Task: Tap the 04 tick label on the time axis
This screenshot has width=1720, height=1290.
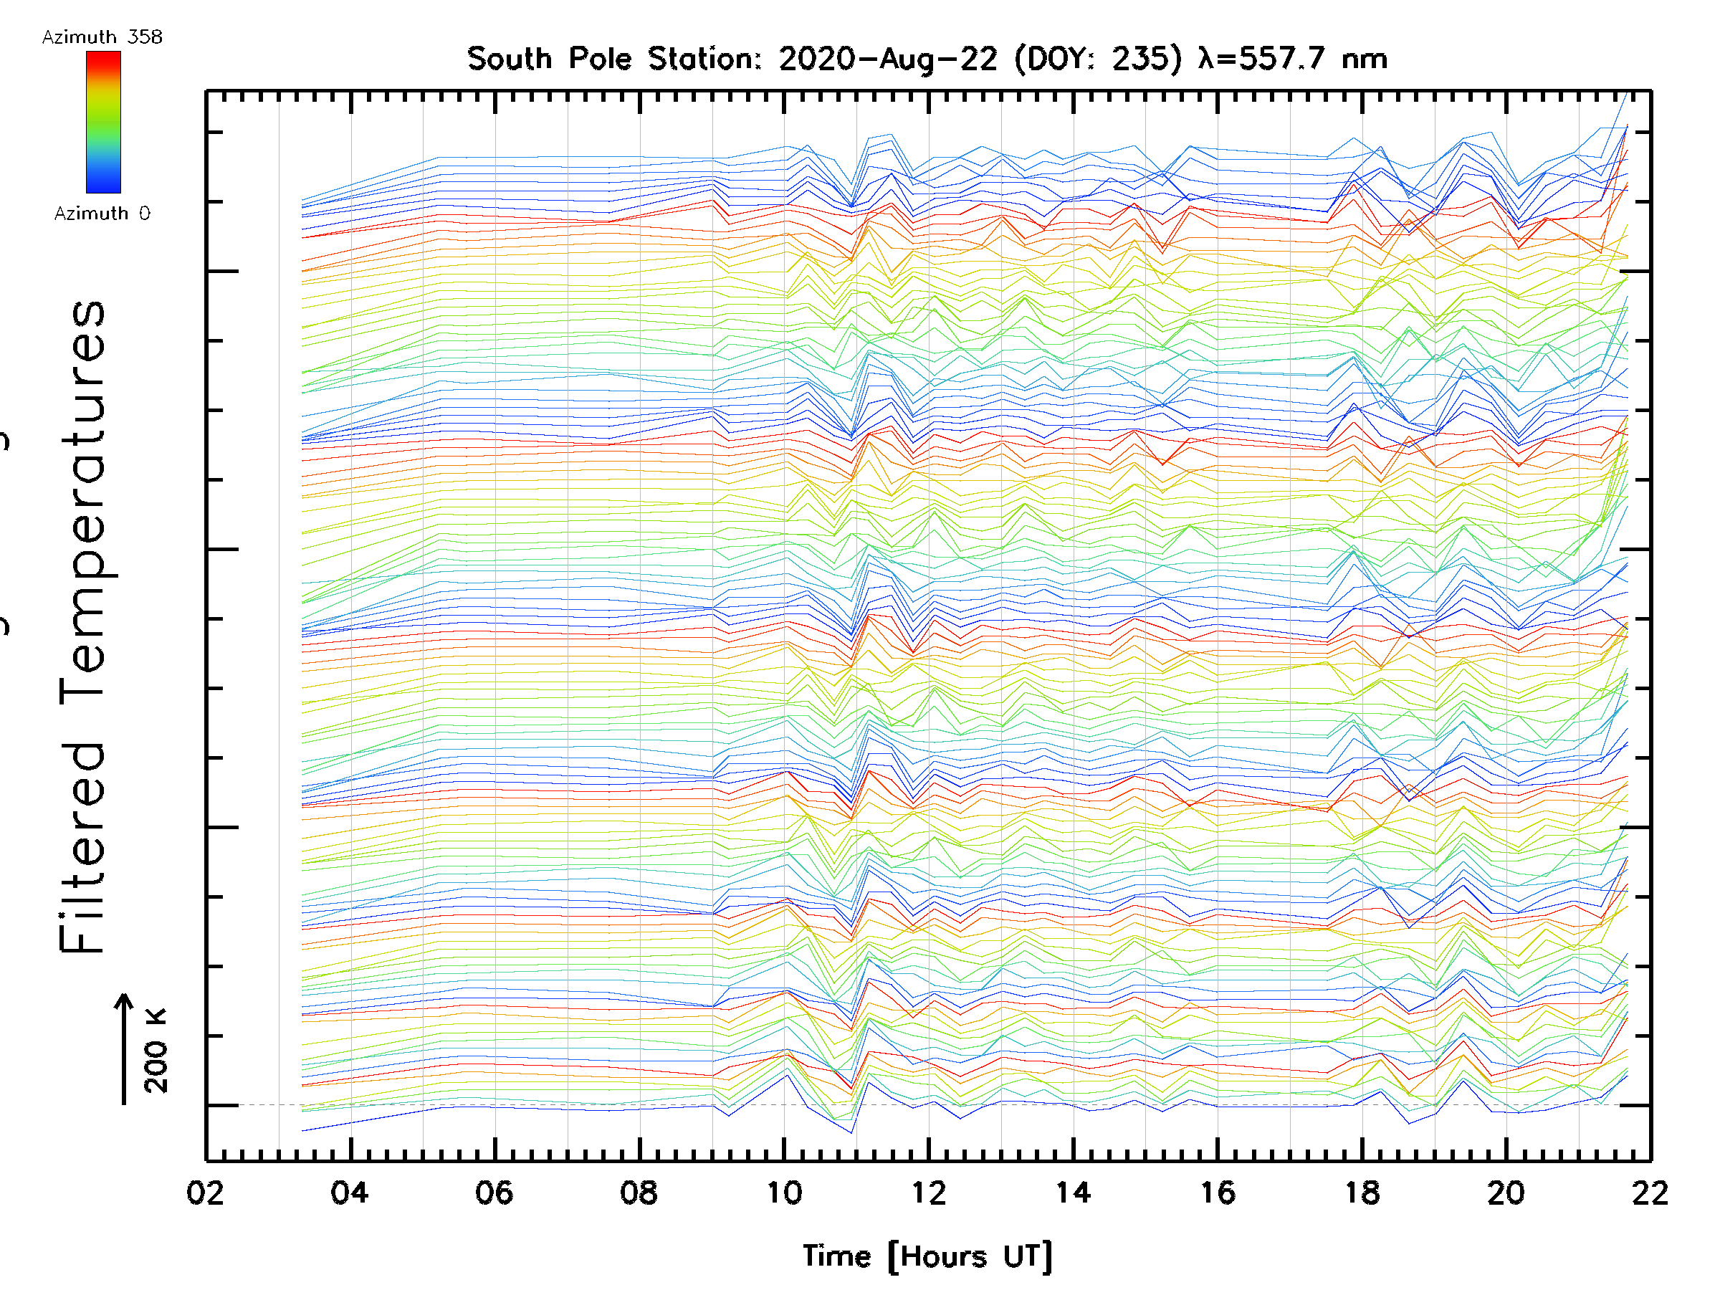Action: click(x=350, y=1193)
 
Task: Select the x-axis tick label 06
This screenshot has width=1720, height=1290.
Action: click(x=494, y=1193)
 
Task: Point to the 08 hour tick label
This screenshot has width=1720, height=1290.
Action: click(x=639, y=1193)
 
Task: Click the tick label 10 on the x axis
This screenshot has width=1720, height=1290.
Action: click(x=784, y=1193)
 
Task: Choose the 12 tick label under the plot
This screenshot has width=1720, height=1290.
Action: click(x=928, y=1193)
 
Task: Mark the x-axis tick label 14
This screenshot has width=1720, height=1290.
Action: click(x=1073, y=1193)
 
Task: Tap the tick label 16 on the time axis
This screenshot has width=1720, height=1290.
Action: click(x=1218, y=1193)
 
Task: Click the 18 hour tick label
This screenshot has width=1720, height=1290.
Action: click(x=1362, y=1193)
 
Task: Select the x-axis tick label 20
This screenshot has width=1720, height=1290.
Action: click(x=1506, y=1193)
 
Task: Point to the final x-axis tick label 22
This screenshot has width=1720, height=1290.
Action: click(x=1650, y=1193)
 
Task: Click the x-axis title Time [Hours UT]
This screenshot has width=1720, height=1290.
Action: click(x=927, y=1256)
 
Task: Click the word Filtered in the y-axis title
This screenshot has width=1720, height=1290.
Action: click(x=82, y=848)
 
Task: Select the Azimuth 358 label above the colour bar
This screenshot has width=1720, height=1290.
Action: click(x=102, y=37)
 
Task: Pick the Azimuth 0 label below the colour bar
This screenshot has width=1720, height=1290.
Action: click(x=102, y=214)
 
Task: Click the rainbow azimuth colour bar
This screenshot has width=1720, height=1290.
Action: click(x=103, y=122)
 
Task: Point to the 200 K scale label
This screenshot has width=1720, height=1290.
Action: click(x=156, y=1051)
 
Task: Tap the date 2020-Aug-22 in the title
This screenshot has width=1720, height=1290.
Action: click(x=887, y=59)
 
